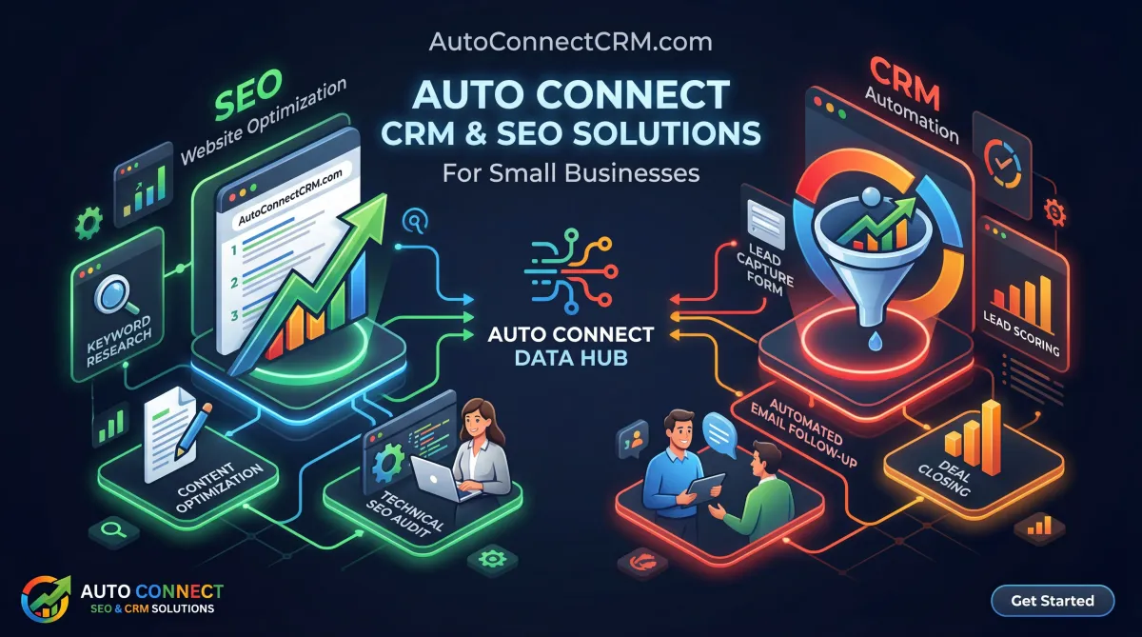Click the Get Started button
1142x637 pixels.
1052,601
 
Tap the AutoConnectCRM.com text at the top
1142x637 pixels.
571,42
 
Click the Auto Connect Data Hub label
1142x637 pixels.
570,347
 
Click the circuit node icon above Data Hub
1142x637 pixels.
569,271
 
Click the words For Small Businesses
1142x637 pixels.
571,173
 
